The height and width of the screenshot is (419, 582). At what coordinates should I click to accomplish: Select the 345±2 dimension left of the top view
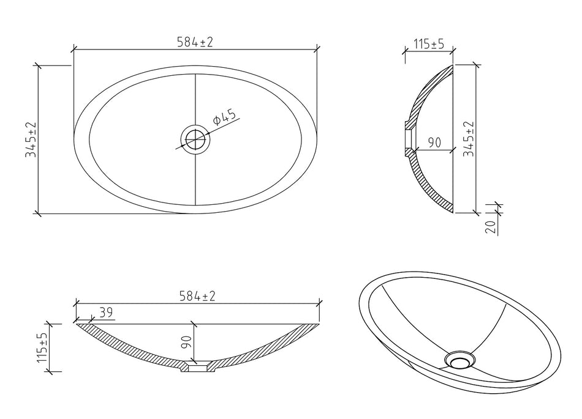(31, 139)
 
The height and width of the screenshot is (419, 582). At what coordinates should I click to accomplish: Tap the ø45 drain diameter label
(225, 118)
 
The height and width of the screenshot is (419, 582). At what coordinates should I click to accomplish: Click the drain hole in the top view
(195, 139)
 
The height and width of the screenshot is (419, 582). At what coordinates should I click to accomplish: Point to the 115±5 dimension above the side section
(429, 45)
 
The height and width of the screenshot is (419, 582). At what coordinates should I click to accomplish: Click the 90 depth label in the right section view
(434, 143)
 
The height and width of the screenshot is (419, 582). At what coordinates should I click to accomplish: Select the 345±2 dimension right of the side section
(469, 139)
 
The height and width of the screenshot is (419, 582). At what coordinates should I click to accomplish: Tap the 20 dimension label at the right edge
(490, 227)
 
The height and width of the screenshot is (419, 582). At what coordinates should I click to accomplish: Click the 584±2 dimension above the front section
(197, 297)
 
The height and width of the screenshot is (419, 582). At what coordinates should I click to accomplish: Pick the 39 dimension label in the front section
(106, 313)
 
